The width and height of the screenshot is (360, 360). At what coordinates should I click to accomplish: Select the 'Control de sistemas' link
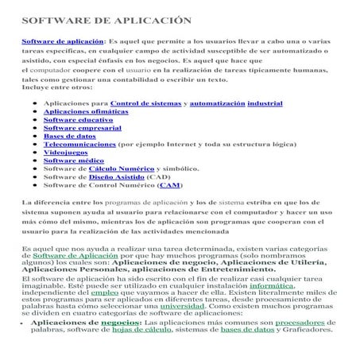pos(147,104)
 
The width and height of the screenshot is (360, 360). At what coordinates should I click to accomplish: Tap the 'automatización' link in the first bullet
pos(217,104)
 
